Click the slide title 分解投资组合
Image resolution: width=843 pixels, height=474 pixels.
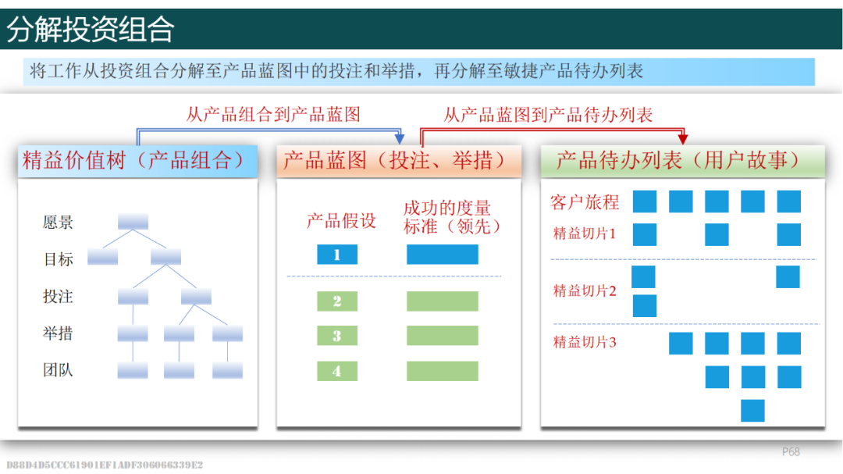[91, 29]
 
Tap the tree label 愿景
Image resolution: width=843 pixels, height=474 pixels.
[58, 223]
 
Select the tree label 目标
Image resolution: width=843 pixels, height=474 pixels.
[58, 259]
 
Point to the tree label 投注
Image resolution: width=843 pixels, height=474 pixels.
[58, 297]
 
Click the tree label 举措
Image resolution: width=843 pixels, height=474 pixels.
[58, 333]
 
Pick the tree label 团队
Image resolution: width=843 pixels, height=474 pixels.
[58, 370]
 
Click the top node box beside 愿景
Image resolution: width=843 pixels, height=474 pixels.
[133, 221]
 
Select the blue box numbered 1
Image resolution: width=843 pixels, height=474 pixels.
[337, 255]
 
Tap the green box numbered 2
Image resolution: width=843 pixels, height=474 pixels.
[337, 301]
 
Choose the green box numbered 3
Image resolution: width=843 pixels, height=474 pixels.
[337, 336]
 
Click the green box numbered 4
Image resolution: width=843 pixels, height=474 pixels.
[337, 371]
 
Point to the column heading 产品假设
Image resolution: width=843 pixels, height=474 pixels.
[341, 220]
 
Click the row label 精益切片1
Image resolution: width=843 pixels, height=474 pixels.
[585, 233]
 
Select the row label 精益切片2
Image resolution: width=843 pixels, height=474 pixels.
[585, 291]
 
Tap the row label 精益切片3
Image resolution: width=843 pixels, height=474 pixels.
[585, 342]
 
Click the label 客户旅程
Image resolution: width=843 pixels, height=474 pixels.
[585, 202]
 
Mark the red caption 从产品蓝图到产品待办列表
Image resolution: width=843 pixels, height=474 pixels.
[548, 115]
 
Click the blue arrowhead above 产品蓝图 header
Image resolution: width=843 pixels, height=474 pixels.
[400, 139]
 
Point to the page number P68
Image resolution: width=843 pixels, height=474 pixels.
[791, 452]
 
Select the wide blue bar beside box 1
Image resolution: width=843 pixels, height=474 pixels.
[443, 255]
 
